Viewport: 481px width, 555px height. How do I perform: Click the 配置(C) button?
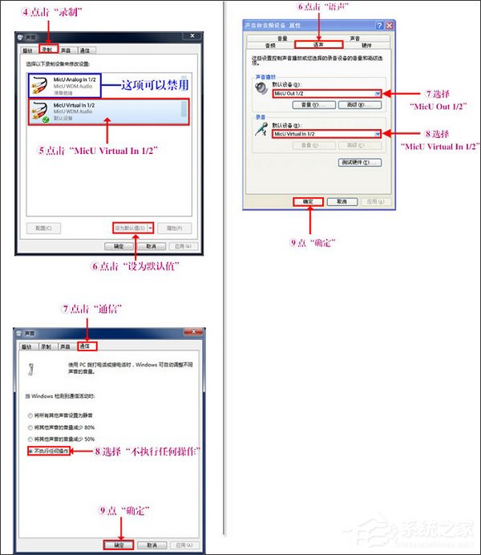pyautogui.click(x=43, y=228)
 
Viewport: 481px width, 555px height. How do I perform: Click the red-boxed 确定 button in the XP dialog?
pyautogui.click(x=309, y=201)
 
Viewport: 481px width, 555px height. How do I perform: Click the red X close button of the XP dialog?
pyautogui.click(x=389, y=26)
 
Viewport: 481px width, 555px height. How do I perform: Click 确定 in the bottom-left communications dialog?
pyautogui.click(x=119, y=544)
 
